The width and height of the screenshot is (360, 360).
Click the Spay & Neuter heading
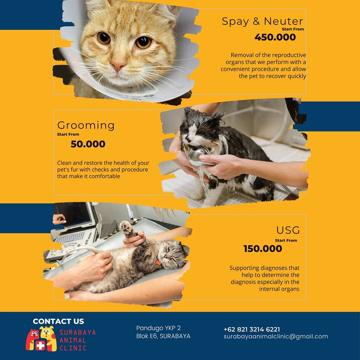click(262, 22)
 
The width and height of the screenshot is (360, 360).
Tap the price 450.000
click(275, 37)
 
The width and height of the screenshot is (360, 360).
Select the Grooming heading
click(86, 126)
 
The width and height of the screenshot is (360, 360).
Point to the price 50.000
click(88, 144)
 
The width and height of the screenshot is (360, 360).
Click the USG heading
click(288, 230)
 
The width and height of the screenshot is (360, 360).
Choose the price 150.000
click(263, 249)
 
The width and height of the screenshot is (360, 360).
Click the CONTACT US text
click(58, 321)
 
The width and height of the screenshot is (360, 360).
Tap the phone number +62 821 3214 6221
click(252, 329)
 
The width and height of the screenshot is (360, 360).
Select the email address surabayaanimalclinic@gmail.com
click(276, 337)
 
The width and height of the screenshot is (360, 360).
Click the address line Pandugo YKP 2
click(158, 328)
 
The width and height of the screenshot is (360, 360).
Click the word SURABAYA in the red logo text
click(78, 332)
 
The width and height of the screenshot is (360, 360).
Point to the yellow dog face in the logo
click(47, 332)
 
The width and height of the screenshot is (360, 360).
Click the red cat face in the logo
click(34, 334)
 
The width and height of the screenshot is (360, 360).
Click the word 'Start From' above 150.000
click(286, 240)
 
